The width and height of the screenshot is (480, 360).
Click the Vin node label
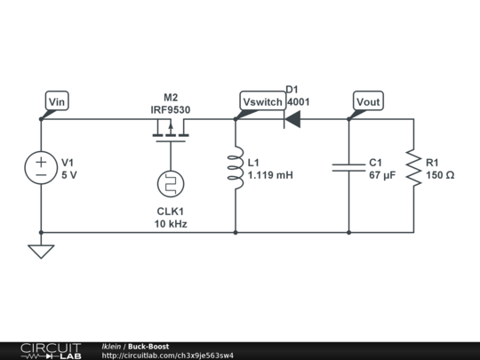[56, 101]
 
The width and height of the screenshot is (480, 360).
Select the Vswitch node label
[262, 102]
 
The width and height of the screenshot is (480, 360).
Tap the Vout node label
[368, 102]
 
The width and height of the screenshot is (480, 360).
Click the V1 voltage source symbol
[41, 169]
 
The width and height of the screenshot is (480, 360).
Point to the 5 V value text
[68, 176]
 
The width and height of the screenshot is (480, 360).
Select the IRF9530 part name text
[170, 110]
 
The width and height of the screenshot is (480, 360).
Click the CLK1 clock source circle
[170, 185]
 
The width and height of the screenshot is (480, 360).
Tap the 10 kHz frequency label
[170, 225]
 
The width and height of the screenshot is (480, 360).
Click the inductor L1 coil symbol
[236, 169]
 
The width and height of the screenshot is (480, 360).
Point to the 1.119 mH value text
[270, 176]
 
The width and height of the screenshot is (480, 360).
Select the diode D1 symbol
[291, 119]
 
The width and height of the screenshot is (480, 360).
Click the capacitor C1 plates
[348, 167]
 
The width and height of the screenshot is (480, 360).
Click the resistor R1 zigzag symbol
[412, 169]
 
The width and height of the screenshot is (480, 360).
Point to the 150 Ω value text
[440, 176]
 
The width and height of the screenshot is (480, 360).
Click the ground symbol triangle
[41, 252]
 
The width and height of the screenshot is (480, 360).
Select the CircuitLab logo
[50, 350]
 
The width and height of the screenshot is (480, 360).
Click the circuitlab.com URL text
[168, 356]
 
